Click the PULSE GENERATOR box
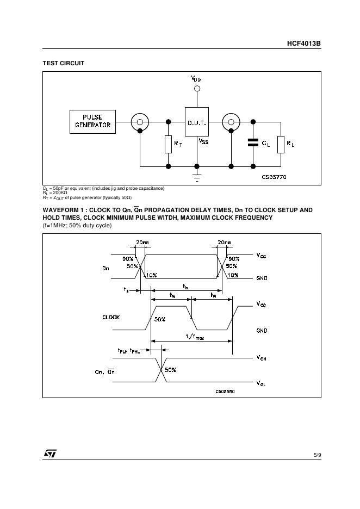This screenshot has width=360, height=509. click(x=93, y=121)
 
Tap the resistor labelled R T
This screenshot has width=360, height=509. click(x=168, y=144)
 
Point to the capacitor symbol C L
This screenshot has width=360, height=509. click(x=253, y=143)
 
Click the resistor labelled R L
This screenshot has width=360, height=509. click(x=281, y=144)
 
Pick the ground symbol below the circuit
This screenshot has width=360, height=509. click(x=197, y=176)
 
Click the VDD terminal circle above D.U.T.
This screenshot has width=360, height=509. click(x=197, y=88)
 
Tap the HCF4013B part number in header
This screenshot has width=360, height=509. click(x=303, y=42)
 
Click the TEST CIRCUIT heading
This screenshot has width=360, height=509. click(x=64, y=64)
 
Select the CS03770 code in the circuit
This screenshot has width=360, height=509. click(x=274, y=177)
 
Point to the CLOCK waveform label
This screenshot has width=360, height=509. click(x=111, y=317)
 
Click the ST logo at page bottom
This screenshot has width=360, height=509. click(x=50, y=454)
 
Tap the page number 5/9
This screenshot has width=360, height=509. click(x=317, y=454)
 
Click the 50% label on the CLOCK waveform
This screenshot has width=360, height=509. click(x=160, y=320)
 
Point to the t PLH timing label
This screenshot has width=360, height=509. click(x=122, y=351)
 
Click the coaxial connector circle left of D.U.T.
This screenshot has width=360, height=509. click(x=140, y=122)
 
